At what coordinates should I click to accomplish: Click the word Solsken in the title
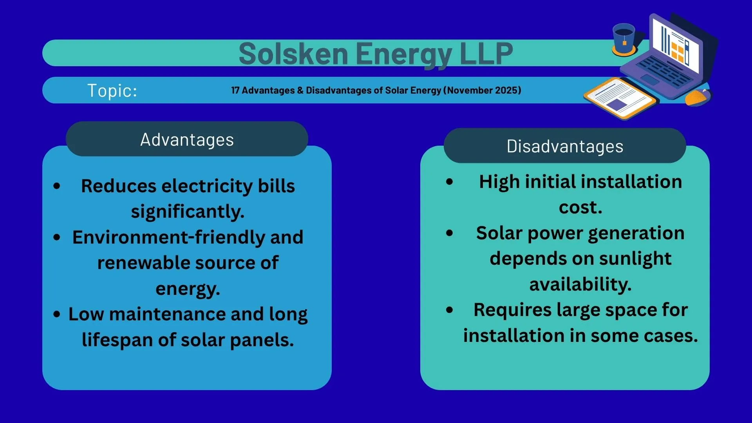click(293, 54)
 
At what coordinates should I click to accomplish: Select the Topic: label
click(112, 90)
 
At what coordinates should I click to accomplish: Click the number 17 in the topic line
click(235, 90)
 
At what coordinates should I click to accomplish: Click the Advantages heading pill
click(187, 139)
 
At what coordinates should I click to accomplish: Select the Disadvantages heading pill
click(564, 146)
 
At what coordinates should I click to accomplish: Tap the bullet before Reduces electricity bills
click(57, 186)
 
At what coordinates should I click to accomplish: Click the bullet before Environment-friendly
click(57, 237)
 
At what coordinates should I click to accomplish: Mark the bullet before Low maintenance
click(57, 314)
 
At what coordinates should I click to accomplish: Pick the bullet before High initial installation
click(450, 182)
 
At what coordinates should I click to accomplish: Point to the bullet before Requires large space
click(450, 310)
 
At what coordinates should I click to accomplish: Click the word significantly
click(187, 212)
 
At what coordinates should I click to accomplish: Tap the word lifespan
click(117, 340)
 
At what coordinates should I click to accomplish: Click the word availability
click(580, 284)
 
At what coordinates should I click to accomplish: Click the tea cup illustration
click(624, 39)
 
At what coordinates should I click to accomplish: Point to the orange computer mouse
click(698, 97)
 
